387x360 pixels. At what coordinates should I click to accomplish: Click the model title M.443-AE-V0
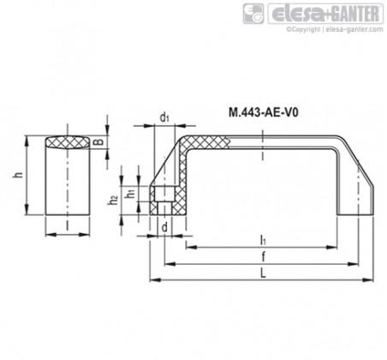[264, 113]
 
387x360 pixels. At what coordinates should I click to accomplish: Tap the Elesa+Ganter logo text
[325, 14]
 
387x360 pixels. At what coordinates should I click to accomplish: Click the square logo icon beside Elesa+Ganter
[253, 14]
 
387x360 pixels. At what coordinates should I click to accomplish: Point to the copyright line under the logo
[335, 29]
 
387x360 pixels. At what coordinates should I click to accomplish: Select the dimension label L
[263, 274]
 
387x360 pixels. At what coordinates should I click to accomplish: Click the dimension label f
[264, 257]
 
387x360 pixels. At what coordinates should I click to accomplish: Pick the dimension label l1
[263, 241]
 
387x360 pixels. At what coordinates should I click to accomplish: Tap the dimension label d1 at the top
[164, 117]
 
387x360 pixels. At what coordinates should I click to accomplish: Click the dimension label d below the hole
[164, 228]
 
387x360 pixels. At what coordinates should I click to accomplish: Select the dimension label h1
[131, 194]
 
